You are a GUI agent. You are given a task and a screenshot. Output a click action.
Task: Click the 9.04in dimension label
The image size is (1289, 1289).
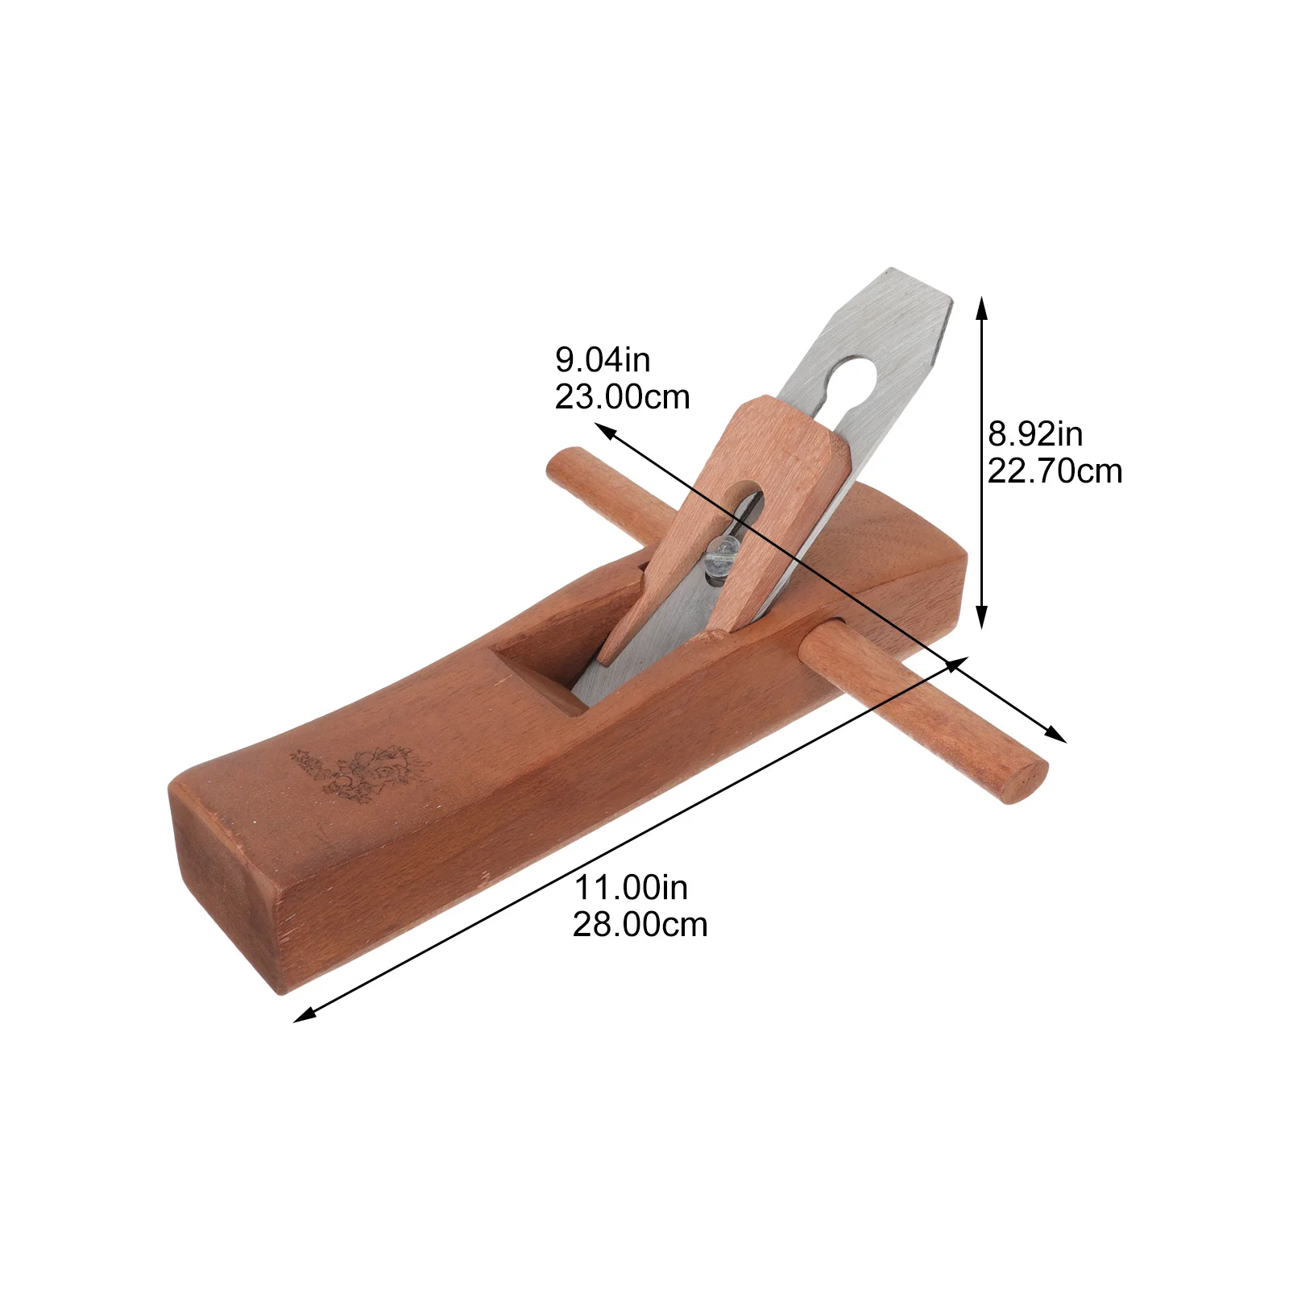(x=603, y=360)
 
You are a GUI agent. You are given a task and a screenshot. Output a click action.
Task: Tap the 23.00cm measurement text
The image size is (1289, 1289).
(x=622, y=397)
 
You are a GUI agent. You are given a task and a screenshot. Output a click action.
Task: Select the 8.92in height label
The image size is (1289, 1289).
(x=1035, y=434)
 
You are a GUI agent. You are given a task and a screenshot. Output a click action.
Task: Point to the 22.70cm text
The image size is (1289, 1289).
(x=1055, y=471)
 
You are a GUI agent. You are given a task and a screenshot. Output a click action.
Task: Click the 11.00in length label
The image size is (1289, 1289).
(x=631, y=888)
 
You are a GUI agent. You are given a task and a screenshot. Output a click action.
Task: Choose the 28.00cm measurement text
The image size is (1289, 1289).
(x=640, y=925)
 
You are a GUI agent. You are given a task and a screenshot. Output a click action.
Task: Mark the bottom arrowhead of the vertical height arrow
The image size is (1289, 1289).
(x=981, y=620)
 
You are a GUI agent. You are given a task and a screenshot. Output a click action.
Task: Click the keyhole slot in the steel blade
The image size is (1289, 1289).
(x=854, y=379)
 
